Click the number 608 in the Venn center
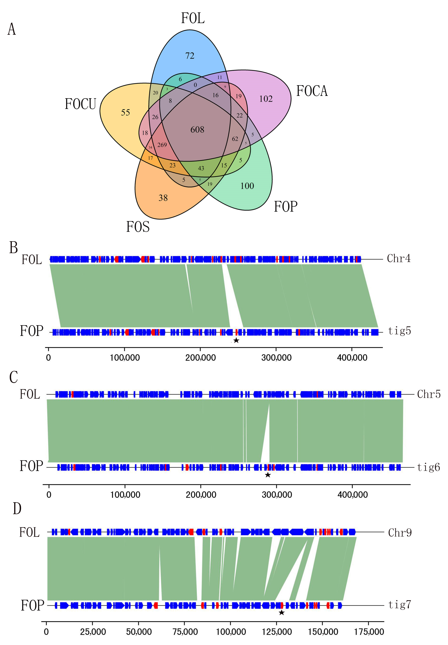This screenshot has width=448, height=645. coord(197,130)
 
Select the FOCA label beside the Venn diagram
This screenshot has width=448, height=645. coord(312,91)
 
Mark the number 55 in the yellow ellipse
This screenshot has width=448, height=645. coord(125,113)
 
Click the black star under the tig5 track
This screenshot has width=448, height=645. coord(236,340)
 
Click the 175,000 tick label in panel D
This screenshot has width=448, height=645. coord(369,632)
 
